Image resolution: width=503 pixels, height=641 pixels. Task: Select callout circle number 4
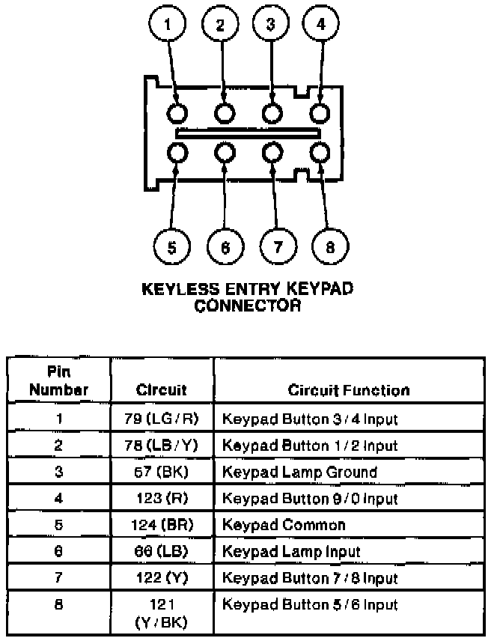pos(320,25)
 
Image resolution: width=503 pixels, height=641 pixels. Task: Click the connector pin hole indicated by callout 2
pos(225,114)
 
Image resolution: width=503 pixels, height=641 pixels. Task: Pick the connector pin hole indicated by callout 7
pos(272,154)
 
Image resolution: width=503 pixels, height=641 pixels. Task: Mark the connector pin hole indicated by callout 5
pos(177,154)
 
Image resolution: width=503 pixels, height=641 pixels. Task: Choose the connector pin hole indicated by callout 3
pos(272,114)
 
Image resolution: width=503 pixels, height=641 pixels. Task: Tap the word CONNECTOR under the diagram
pos(248,305)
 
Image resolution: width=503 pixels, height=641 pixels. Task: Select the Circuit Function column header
pos(348,390)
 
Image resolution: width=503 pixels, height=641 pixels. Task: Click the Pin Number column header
pos(60,381)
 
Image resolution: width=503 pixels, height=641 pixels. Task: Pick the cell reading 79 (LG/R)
pos(161,419)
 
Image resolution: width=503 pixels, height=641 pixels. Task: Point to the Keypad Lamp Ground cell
pos(299,472)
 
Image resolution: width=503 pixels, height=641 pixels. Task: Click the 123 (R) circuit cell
pos(161,498)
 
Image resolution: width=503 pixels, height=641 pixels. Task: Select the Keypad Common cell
pos(284,525)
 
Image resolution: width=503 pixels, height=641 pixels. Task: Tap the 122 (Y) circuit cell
pos(161,578)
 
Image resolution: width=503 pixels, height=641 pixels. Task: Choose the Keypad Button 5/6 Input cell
pos(310,604)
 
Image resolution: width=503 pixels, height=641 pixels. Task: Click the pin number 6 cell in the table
pos(58,551)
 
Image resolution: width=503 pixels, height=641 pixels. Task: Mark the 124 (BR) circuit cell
pos(161,525)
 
